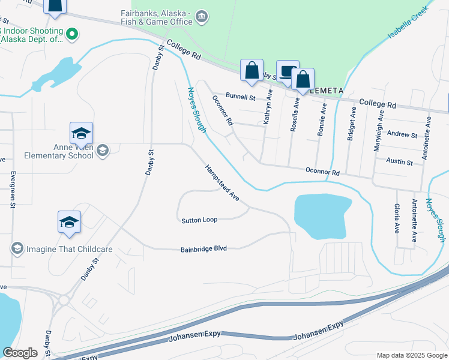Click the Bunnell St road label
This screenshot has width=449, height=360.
coord(241,96)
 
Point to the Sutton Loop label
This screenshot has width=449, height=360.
coord(199,220)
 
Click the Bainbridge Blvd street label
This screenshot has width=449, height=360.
coord(203,248)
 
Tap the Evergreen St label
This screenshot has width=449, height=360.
coord(13,190)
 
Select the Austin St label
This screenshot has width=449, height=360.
coord(400,162)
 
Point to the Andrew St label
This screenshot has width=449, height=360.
coord(402,135)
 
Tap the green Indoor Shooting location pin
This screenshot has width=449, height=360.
coord(72,34)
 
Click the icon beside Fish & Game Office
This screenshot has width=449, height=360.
coord(202,16)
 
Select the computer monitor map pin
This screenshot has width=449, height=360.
coord(287,71)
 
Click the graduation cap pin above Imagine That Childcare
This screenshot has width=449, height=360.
coord(69,222)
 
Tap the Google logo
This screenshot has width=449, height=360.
coord(20,353)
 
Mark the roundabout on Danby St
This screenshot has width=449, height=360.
coord(64,300)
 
